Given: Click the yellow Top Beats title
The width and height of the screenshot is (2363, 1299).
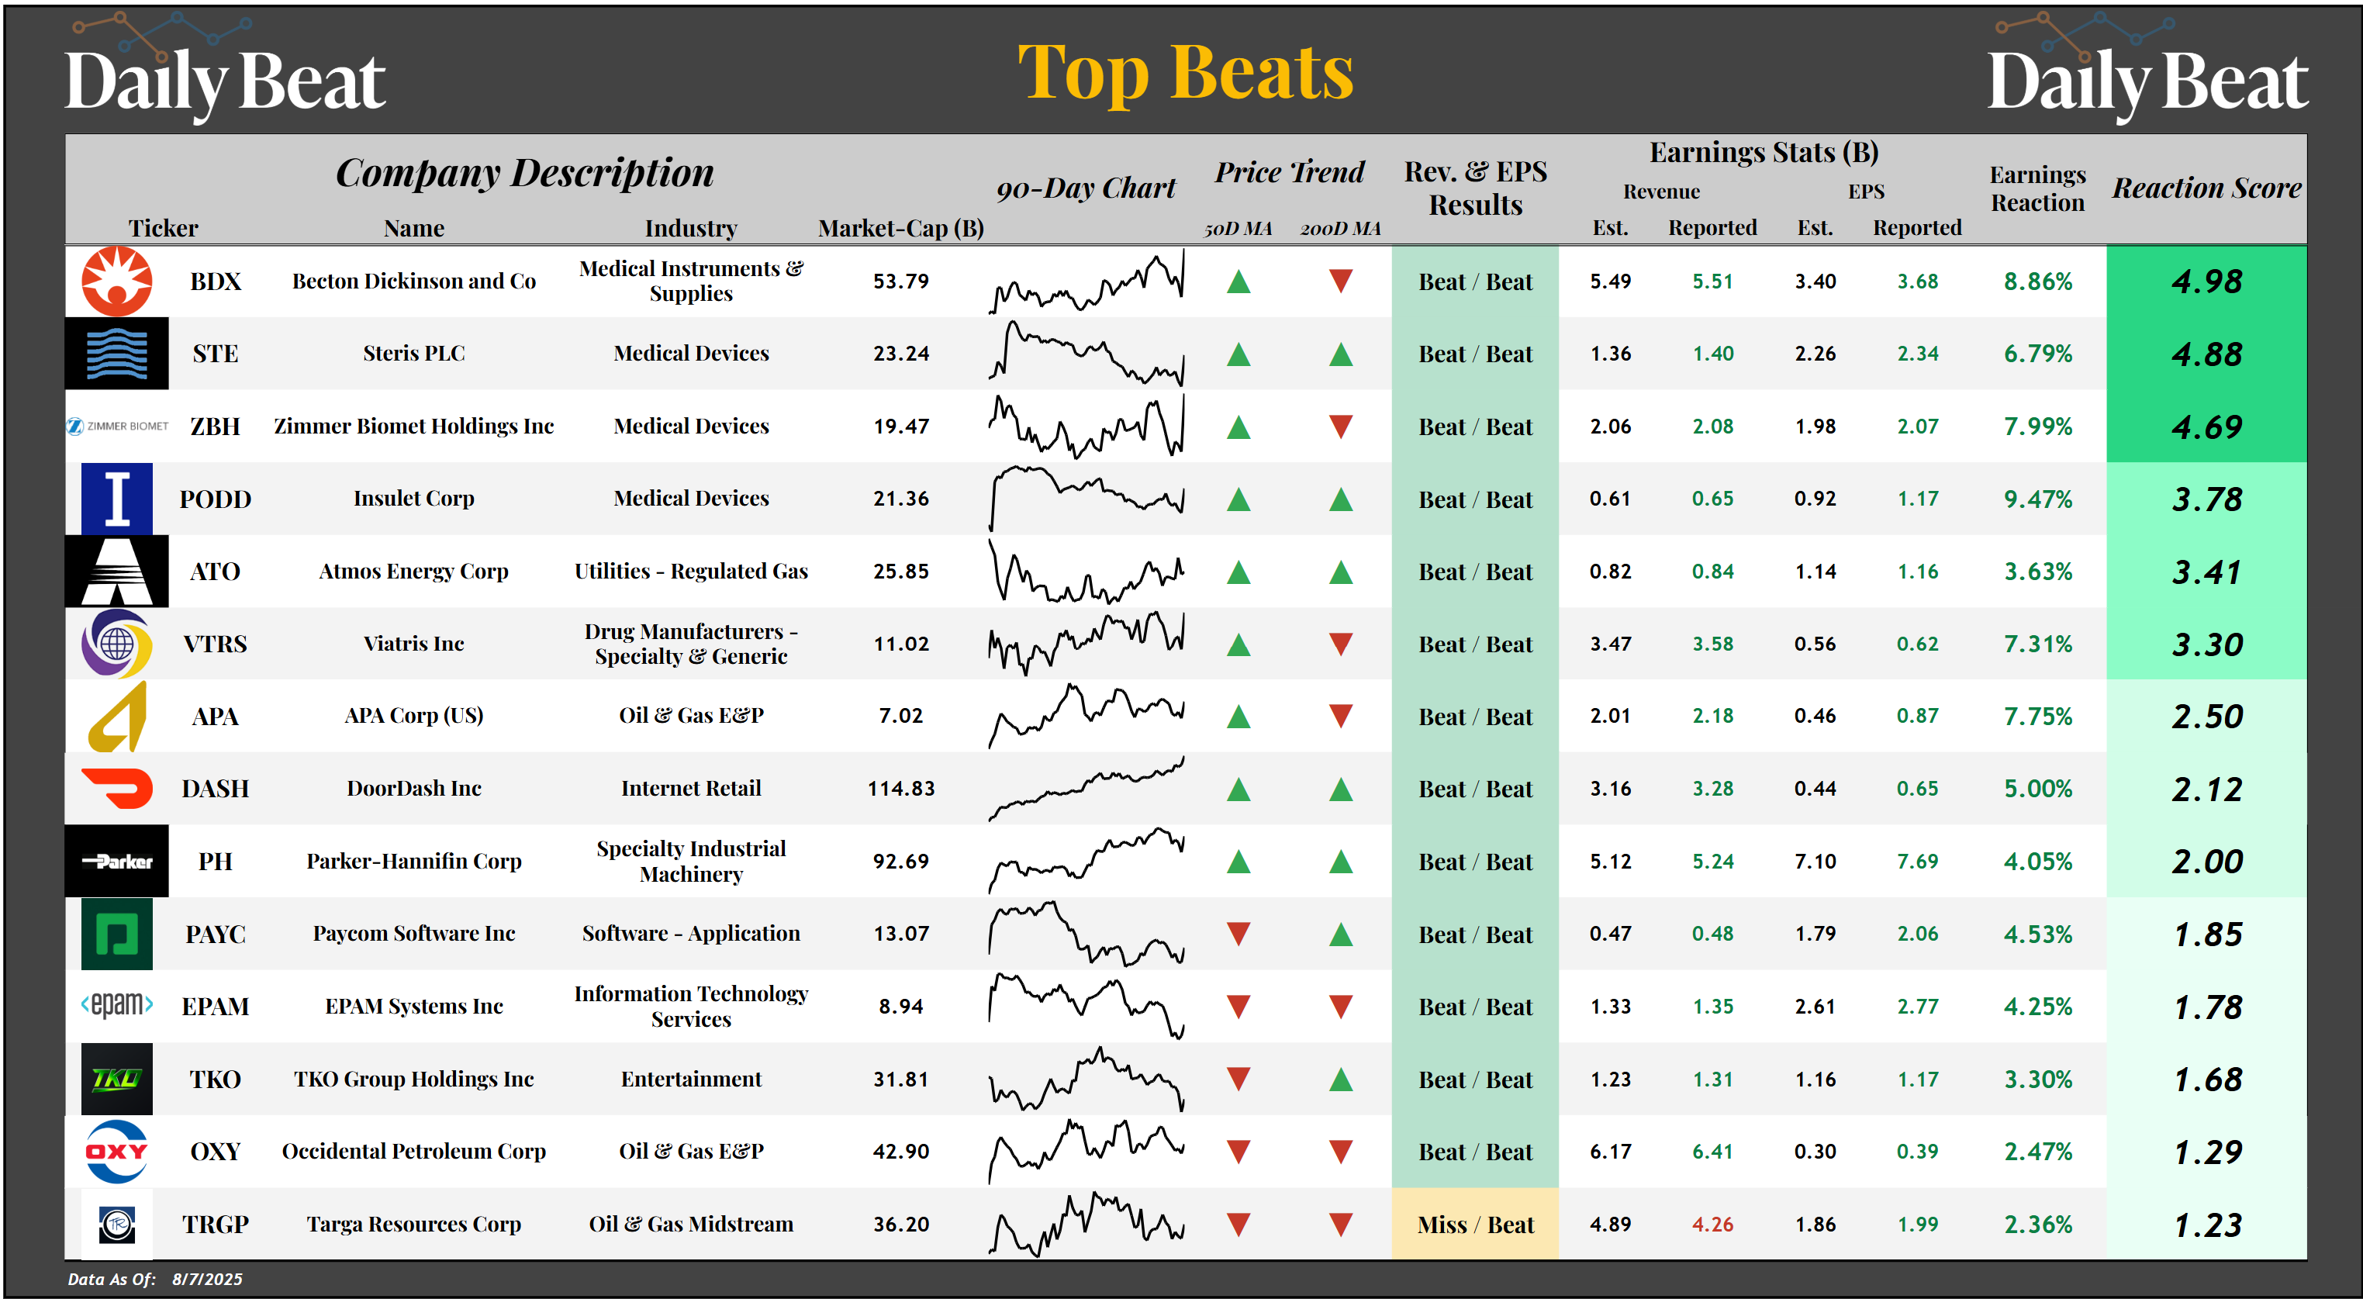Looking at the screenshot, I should click(x=1185, y=74).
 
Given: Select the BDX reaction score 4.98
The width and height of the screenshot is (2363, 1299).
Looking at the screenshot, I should click(x=2206, y=282).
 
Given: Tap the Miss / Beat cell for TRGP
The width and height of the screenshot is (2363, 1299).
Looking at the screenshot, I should click(x=1474, y=1224).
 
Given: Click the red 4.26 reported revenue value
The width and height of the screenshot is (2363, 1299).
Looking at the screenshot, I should click(x=1712, y=1224).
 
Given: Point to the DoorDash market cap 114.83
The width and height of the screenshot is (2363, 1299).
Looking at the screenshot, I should click(x=901, y=788).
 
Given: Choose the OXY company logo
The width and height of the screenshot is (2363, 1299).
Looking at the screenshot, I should click(x=116, y=1152).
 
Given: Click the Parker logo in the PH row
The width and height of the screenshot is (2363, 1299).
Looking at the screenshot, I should click(x=116, y=861).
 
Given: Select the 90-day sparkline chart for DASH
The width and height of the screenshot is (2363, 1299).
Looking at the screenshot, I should click(x=1086, y=788).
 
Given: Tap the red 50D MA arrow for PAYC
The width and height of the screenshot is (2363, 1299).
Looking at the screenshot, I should click(x=1239, y=934).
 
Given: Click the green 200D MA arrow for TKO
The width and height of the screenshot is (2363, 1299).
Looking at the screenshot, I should click(x=1340, y=1079).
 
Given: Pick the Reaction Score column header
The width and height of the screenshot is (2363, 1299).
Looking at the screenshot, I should click(x=2206, y=188).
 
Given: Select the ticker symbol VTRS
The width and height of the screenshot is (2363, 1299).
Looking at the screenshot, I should click(x=215, y=644).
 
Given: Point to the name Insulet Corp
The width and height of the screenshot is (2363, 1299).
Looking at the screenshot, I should click(x=413, y=498).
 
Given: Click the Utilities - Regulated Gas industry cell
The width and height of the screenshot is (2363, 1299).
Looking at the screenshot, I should click(x=691, y=571).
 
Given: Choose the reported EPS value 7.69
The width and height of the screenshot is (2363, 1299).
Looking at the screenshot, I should click(x=1917, y=862).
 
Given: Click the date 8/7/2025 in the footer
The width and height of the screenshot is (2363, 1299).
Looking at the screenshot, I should click(x=207, y=1279).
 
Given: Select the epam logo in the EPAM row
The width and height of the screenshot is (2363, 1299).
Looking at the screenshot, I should click(x=116, y=1005).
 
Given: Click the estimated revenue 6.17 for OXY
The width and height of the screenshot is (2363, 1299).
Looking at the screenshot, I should click(x=1610, y=1152).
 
